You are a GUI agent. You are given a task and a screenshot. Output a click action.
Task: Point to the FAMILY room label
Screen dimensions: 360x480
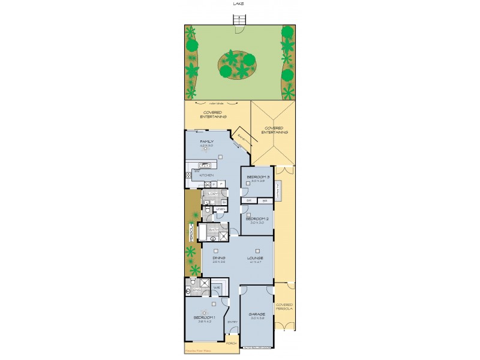click(x=207, y=142)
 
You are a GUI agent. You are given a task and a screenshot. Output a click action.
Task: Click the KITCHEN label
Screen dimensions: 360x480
click(x=207, y=175)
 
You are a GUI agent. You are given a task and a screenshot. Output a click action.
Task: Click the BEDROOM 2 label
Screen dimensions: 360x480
click(x=256, y=219)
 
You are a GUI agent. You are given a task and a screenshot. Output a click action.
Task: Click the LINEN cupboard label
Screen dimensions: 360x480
click(x=212, y=209)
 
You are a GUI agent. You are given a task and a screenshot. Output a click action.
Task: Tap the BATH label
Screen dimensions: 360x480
click(x=213, y=229)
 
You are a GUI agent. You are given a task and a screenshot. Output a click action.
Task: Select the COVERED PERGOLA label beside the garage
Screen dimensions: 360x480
click(x=284, y=307)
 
